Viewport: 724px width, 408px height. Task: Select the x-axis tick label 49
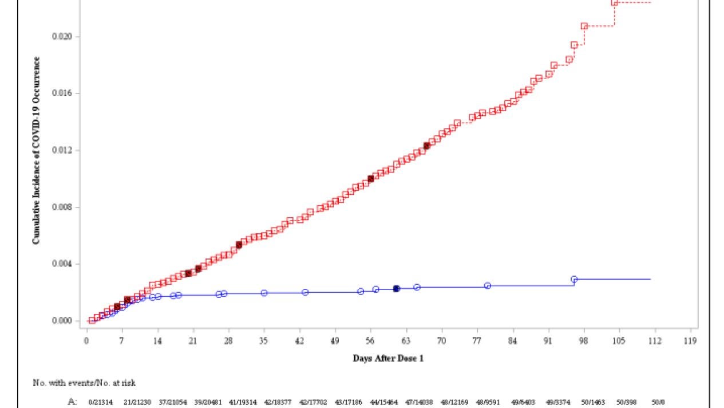pos(335,341)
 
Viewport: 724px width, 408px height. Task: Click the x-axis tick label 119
pos(690,341)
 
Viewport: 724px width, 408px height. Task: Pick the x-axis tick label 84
pos(513,341)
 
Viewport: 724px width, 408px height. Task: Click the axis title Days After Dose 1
pos(388,359)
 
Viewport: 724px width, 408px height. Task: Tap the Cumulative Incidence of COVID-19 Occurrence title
pos(37,150)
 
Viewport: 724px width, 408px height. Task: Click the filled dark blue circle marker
pos(396,289)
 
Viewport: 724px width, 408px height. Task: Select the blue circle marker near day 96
pos(574,279)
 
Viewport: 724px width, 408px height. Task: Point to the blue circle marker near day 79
pos(488,285)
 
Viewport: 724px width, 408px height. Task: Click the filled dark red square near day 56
pos(371,178)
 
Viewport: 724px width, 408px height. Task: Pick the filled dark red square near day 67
pos(426,146)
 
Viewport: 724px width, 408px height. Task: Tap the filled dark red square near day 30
pos(239,245)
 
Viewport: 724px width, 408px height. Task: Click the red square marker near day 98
pos(584,26)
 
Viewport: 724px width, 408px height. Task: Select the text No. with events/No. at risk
pos(84,382)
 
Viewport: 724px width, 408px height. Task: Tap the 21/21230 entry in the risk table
pos(137,402)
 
